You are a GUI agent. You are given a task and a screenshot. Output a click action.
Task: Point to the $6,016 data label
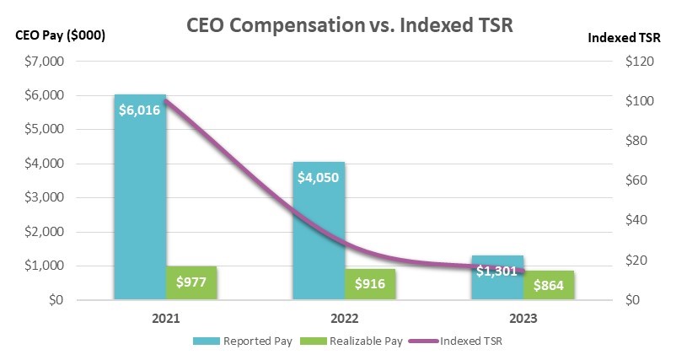click(x=140, y=110)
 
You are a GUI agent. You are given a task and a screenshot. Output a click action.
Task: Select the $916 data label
click(x=370, y=284)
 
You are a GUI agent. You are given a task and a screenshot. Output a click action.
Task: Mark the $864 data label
click(x=549, y=285)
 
